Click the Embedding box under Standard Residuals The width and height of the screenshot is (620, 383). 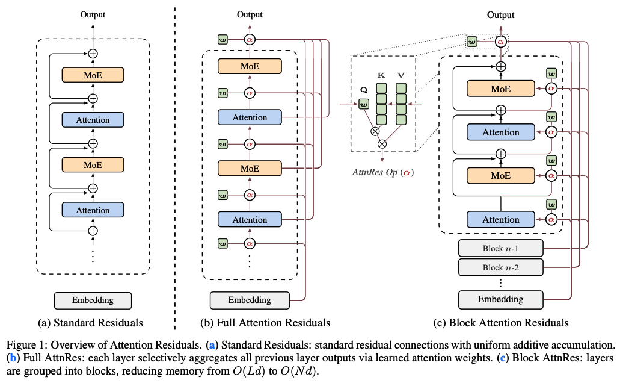point(92,300)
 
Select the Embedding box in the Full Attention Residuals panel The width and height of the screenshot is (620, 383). point(249,299)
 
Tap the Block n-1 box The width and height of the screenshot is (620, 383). point(500,248)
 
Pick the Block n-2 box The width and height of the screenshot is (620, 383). point(500,267)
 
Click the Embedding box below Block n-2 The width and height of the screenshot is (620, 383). point(500,299)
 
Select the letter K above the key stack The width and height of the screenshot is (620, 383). point(381,76)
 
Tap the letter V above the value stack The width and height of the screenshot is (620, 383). point(401,76)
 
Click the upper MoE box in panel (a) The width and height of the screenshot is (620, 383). point(93,75)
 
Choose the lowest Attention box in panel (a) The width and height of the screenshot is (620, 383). point(93,210)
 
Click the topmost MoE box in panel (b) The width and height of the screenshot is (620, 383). point(250,67)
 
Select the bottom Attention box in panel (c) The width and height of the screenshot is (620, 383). point(500,219)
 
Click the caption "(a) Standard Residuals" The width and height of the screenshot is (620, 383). point(91,323)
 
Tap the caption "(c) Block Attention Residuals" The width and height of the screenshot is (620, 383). point(500,323)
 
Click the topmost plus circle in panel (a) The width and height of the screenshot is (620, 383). point(93,53)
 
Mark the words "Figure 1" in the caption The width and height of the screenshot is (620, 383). point(23,345)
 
